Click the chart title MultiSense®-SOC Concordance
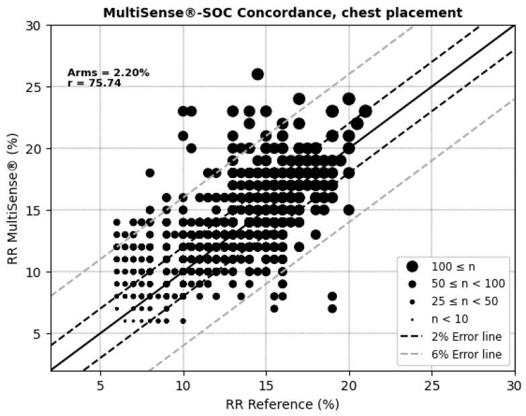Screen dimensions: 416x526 tap(282, 12)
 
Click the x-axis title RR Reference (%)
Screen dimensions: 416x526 tap(282, 404)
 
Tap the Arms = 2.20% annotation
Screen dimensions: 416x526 tap(108, 73)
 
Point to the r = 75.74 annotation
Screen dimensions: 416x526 tap(93, 83)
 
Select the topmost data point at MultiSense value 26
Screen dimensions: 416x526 tap(258, 74)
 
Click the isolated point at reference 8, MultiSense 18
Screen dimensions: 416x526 tap(150, 173)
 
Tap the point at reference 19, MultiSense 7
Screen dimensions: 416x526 tap(332, 308)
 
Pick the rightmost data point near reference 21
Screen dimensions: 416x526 tap(365, 111)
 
